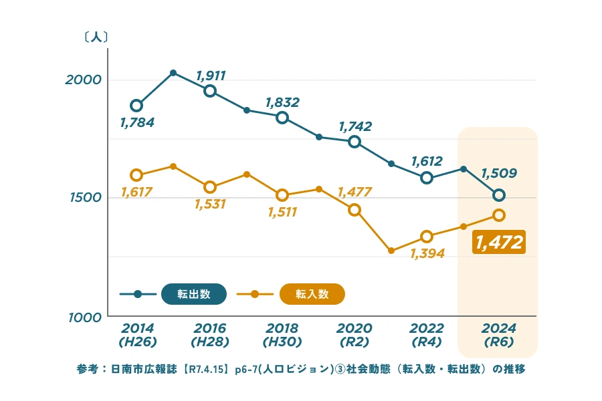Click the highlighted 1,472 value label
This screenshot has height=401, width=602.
pos(499,242)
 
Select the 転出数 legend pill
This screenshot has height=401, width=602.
pos(194,294)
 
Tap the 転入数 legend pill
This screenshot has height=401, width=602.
pos(312,294)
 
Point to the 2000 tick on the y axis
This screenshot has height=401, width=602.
pos(83,80)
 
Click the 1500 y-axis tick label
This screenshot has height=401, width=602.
pos(83,198)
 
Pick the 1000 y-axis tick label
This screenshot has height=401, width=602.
pos(83,316)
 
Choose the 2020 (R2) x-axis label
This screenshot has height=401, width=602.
pos(354,335)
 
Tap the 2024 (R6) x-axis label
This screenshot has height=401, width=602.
pos(498,335)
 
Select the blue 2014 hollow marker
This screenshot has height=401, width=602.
pos(136,106)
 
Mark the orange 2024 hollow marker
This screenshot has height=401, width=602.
pos(499,215)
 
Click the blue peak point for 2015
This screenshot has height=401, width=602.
pos(173,72)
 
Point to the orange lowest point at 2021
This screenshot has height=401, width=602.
pos(391,251)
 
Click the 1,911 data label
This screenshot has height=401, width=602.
pos(211,76)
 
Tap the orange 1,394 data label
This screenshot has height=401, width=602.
pos(427,254)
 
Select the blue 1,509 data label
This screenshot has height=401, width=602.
pos(499,174)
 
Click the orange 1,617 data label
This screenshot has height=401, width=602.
pos(136,192)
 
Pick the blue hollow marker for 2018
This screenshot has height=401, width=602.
pos(282,118)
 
